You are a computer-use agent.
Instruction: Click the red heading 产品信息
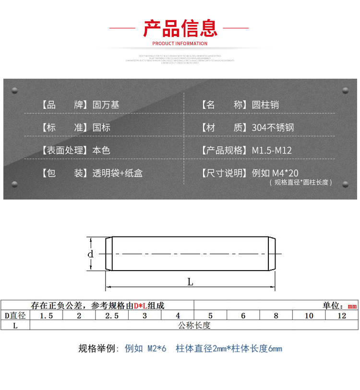180,28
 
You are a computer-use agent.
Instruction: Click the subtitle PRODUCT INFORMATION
180,44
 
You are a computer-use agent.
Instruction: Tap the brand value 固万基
106,105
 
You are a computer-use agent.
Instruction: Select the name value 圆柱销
265,105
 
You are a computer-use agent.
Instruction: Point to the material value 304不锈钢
273,128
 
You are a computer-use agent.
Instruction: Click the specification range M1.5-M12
272,150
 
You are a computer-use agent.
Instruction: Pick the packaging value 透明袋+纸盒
117,173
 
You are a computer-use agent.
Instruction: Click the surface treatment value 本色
101,150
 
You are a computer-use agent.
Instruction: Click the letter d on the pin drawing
90,254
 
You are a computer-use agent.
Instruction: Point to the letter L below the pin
190,282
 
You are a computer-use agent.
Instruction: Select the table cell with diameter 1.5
46,316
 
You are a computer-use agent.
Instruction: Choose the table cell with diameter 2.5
112,316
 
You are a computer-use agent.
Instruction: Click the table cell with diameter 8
276,316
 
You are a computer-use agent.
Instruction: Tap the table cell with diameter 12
342,316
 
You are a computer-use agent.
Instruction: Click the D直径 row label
15,316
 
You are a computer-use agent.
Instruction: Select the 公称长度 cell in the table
194,325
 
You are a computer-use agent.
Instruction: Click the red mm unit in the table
352,306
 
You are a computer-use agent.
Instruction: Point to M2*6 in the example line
156,349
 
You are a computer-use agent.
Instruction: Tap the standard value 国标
101,128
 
